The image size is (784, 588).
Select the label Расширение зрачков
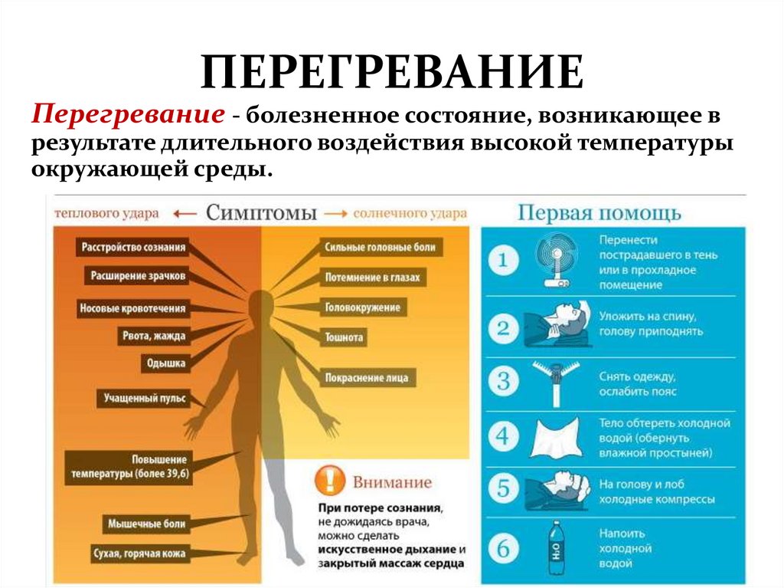pyautogui.click(x=138, y=275)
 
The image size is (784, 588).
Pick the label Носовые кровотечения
pyautogui.click(x=132, y=309)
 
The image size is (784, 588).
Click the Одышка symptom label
pyautogui.click(x=165, y=364)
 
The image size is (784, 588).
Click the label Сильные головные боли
pyautogui.click(x=380, y=247)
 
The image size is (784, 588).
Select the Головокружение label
pyautogui.click(x=363, y=307)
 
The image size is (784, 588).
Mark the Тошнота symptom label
pyautogui.click(x=345, y=337)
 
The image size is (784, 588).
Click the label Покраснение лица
pyautogui.click(x=367, y=377)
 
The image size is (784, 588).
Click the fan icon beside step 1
pyautogui.click(x=556, y=261)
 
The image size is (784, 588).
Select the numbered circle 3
pyautogui.click(x=503, y=380)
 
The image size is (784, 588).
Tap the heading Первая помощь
pyautogui.click(x=599, y=212)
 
